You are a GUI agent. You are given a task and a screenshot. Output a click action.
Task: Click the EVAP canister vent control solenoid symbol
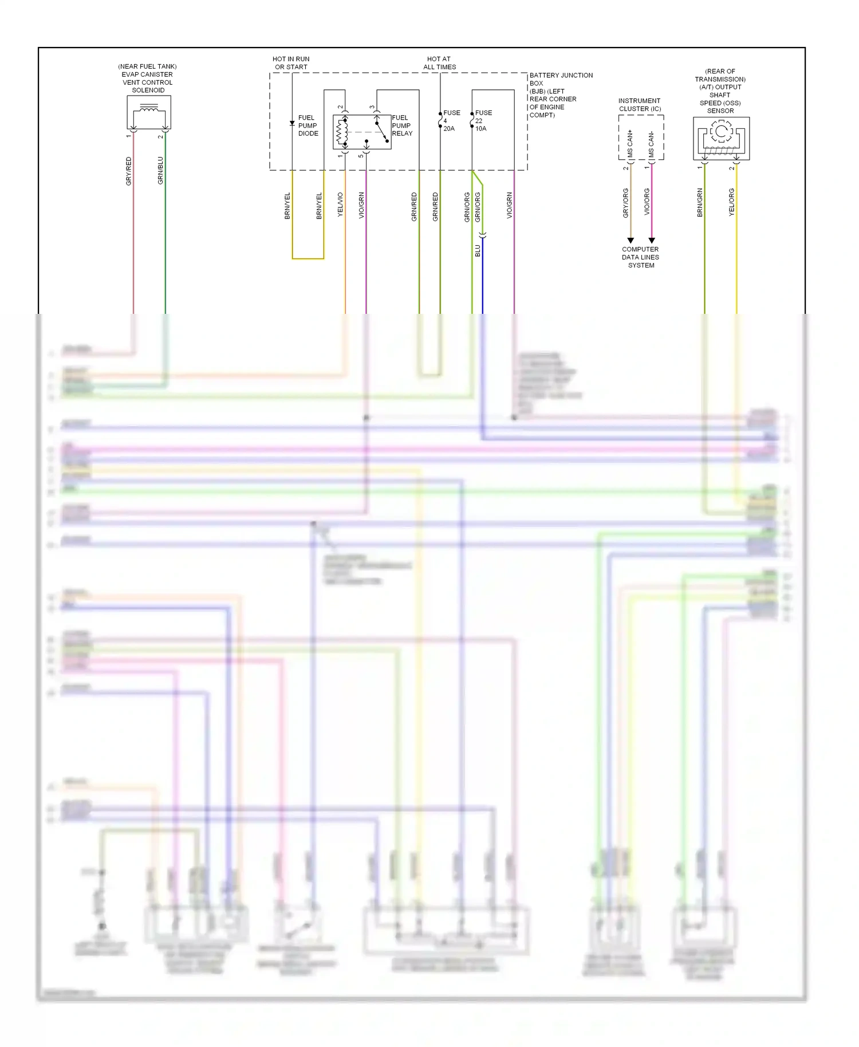tap(149, 112)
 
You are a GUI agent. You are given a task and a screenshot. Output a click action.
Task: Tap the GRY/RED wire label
tap(129, 171)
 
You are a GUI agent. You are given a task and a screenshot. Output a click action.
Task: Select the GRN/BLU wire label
tap(161, 171)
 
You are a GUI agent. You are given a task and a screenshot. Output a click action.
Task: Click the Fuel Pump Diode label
tap(308, 125)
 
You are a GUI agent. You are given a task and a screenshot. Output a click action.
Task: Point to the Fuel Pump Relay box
tap(362, 132)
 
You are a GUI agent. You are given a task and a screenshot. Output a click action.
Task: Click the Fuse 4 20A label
tap(451, 121)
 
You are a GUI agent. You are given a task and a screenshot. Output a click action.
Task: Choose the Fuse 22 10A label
tap(483, 121)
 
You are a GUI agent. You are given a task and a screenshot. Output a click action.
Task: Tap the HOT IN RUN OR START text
tap(291, 63)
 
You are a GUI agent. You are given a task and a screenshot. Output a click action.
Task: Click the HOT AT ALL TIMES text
tap(439, 63)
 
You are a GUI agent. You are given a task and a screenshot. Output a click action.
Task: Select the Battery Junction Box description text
tap(560, 95)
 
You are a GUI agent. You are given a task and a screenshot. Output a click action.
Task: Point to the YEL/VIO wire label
tap(341, 204)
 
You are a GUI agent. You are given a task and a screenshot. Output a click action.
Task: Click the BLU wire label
tap(478, 251)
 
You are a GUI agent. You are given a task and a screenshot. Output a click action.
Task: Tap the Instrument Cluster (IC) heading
tap(640, 105)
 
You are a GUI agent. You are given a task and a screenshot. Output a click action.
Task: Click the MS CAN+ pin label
tap(630, 144)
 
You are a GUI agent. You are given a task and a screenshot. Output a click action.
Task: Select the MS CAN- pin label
tap(651, 145)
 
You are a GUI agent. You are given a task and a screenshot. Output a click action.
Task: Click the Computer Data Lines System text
tap(640, 257)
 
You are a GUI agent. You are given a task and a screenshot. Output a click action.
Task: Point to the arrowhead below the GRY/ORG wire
tap(631, 241)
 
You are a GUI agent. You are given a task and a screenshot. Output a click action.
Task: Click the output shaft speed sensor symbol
tap(721, 139)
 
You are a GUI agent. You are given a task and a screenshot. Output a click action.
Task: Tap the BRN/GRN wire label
tap(700, 203)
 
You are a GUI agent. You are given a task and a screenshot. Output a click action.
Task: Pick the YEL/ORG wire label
tap(732, 202)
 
